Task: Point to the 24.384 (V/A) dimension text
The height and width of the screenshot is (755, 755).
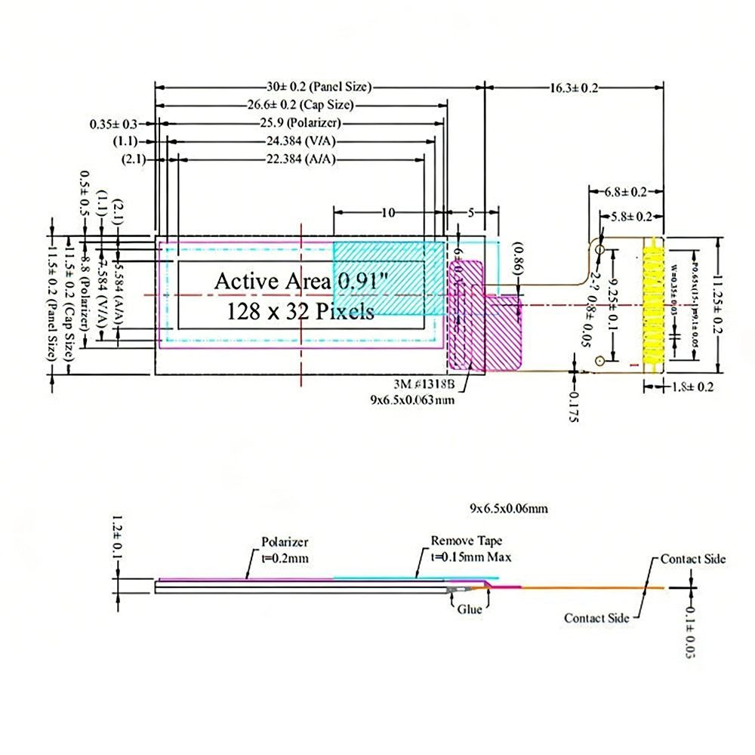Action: pyautogui.click(x=300, y=140)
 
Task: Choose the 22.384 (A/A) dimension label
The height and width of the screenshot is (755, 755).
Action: pyautogui.click(x=300, y=159)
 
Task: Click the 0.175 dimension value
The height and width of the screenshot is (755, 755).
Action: pyautogui.click(x=574, y=408)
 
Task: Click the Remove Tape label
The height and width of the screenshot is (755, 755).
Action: pyautogui.click(x=466, y=541)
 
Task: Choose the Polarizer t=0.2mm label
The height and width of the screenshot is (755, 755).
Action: pyautogui.click(x=285, y=550)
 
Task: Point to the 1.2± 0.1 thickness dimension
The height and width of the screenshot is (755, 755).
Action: pyautogui.click(x=117, y=537)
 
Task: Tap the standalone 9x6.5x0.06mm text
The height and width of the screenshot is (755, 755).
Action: pyautogui.click(x=508, y=510)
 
